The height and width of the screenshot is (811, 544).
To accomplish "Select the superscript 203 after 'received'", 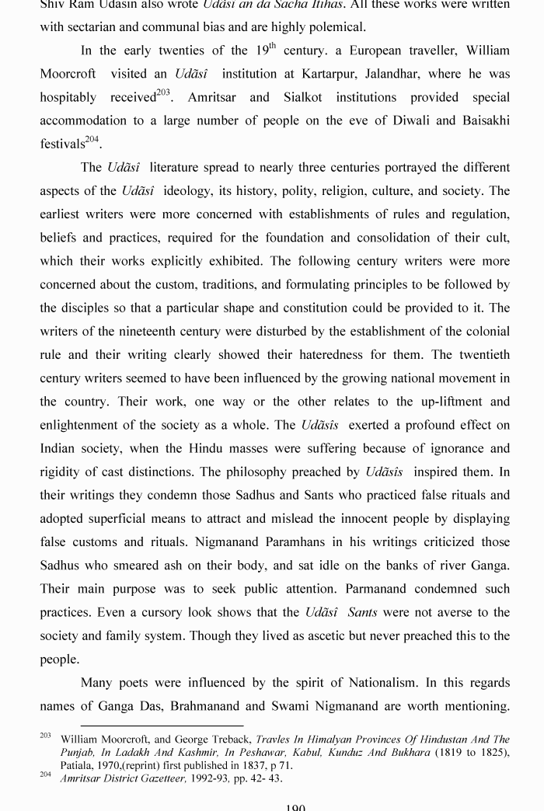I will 163,93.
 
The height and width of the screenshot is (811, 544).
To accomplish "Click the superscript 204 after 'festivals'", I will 92,140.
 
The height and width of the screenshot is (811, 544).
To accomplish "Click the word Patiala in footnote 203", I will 77,765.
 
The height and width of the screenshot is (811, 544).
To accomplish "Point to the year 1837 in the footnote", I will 236,765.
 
